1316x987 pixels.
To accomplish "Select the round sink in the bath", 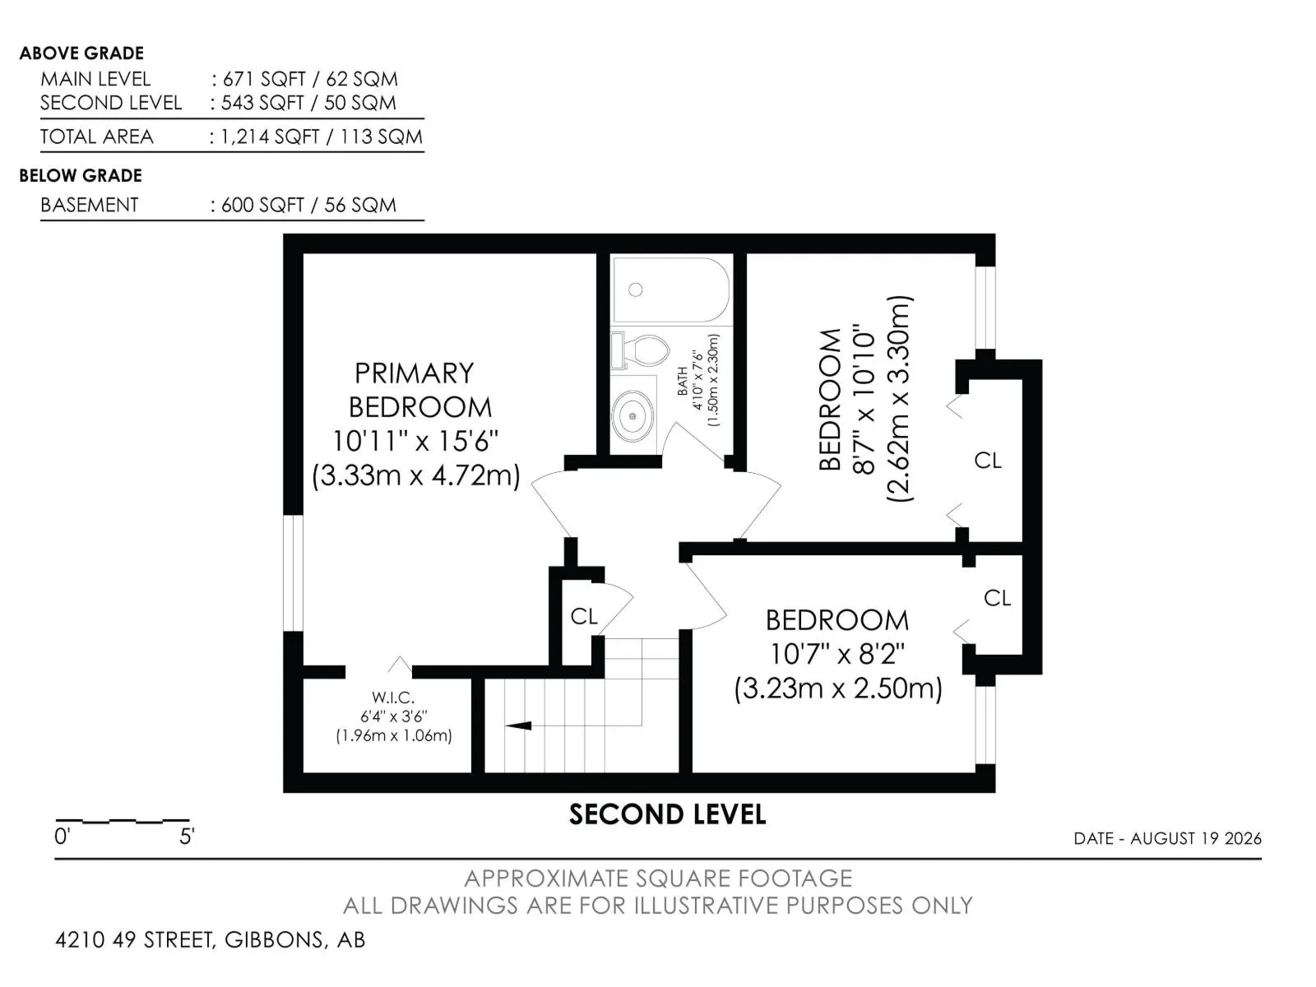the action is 632,415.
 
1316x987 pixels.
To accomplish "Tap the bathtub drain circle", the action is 636,290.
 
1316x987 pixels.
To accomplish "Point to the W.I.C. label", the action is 393,697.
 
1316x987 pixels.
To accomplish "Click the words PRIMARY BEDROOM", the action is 419,390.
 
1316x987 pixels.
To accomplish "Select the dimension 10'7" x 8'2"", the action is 837,654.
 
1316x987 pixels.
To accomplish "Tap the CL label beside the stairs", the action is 584,616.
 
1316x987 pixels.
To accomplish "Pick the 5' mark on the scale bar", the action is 187,836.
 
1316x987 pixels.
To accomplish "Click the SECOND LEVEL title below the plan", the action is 667,814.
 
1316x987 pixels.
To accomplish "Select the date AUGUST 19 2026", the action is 1196,838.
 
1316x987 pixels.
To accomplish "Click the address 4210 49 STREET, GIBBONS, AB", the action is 210,939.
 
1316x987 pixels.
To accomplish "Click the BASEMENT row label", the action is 90,205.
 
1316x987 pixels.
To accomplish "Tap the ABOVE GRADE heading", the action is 81,53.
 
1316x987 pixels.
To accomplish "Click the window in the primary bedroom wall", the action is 293,573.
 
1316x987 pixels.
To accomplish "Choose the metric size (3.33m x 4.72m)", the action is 415,476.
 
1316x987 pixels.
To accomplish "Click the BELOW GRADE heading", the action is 81,175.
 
